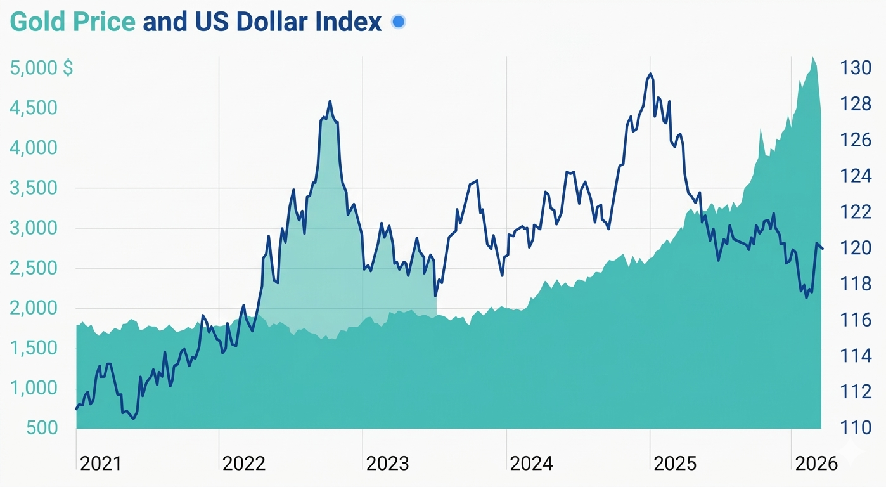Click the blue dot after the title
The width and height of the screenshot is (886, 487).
click(x=398, y=22)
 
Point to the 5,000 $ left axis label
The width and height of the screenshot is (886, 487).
click(x=41, y=68)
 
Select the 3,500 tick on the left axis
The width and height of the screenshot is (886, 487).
click(x=34, y=188)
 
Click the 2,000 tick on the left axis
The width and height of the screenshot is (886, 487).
click(x=34, y=308)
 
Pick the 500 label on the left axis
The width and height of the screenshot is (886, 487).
click(x=42, y=427)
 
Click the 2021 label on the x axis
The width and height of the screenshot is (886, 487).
click(x=101, y=464)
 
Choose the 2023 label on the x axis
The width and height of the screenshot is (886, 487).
click(x=388, y=464)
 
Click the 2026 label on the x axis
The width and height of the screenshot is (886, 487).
click(x=816, y=464)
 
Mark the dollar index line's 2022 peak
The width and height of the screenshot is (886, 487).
click(x=330, y=101)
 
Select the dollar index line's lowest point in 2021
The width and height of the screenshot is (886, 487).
click(x=133, y=419)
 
